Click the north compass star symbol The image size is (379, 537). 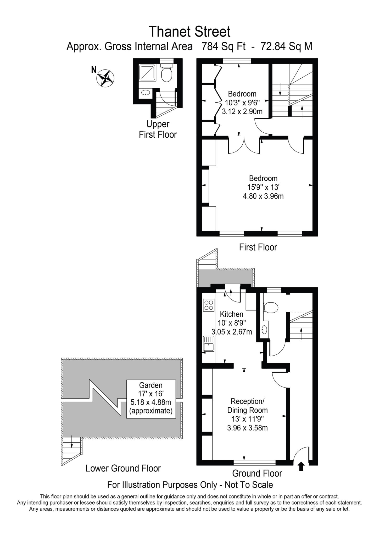click(106, 78)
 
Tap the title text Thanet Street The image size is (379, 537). click(189, 32)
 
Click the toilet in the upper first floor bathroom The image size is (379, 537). click(166, 74)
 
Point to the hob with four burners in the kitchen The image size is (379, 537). click(209, 305)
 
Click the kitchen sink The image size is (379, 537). click(209, 344)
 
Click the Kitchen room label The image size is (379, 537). click(231, 314)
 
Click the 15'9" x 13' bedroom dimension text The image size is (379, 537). click(263, 187)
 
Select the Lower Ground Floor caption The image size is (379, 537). click(123, 468)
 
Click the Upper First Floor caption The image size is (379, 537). click(158, 129)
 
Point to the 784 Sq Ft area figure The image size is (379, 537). click(223, 47)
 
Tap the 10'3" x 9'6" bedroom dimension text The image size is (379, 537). click(242, 103)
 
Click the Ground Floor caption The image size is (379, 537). click(257, 473)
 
